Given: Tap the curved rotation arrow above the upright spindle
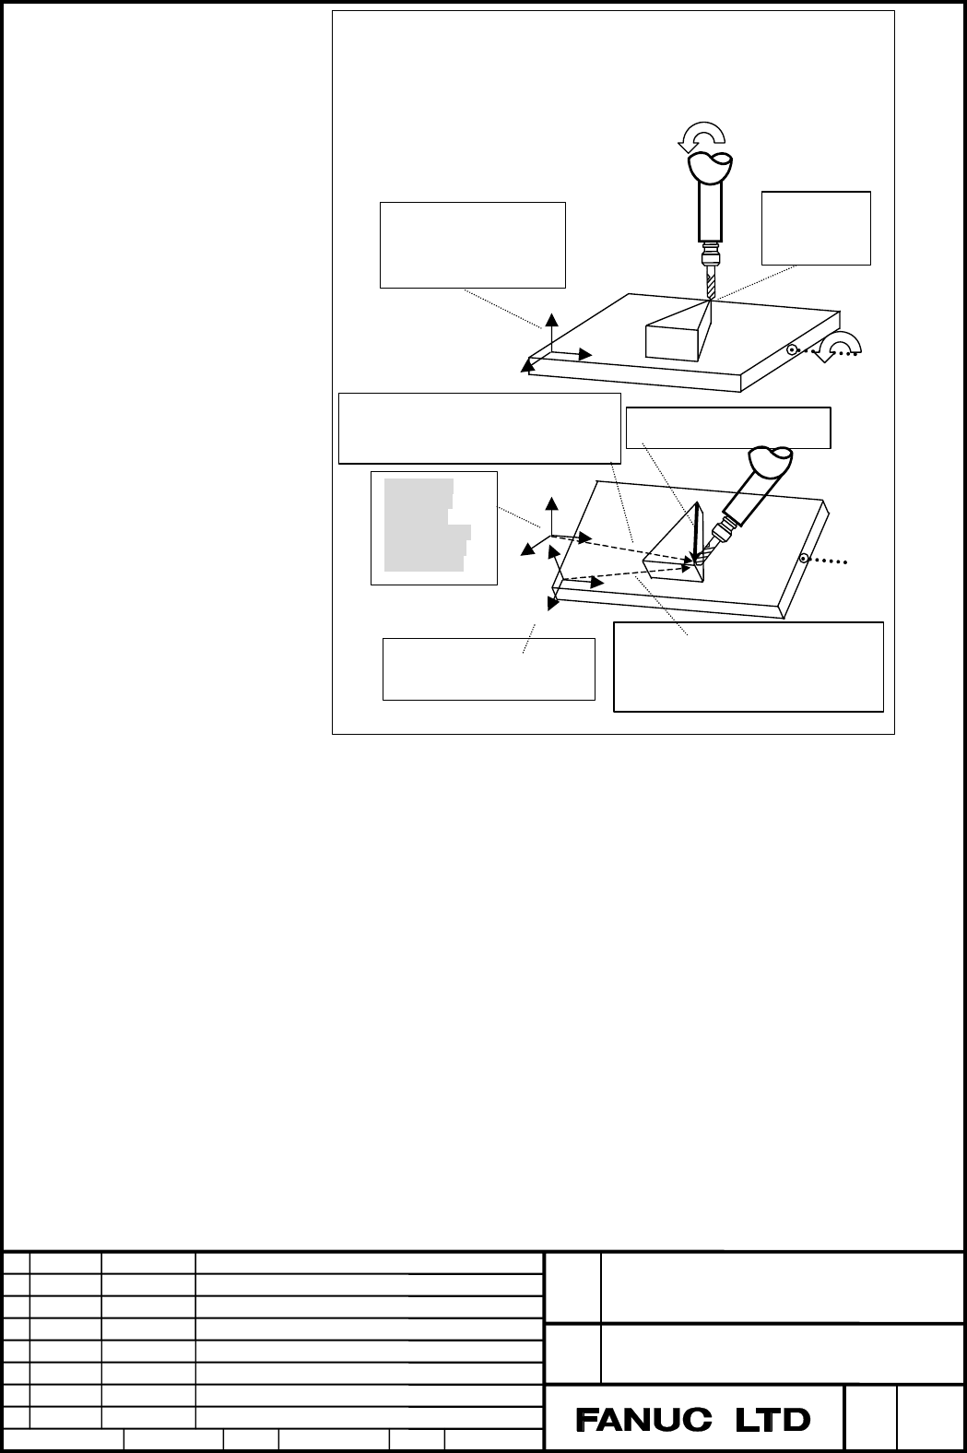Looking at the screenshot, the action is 702,136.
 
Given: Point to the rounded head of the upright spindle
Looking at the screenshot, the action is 711,167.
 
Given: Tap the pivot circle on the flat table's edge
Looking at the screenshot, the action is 792,349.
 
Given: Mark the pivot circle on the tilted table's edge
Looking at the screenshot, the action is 804,558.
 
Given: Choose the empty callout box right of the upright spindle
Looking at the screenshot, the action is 816,228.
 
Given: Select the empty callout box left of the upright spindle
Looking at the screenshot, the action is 473,244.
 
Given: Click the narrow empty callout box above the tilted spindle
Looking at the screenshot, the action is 728,428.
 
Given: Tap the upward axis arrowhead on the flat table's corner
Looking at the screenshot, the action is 552,318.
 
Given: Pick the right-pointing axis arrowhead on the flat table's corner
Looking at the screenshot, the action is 585,354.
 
